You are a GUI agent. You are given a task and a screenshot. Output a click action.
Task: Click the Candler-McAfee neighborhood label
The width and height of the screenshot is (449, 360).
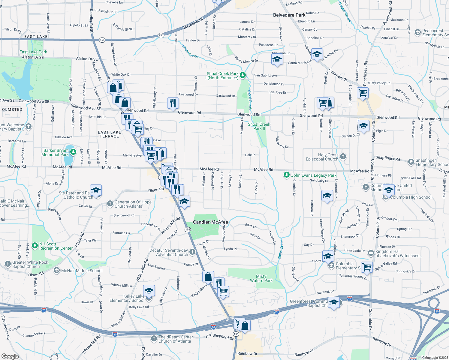point(210,222)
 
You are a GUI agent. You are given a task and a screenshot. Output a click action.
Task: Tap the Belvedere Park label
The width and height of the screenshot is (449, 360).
point(289,15)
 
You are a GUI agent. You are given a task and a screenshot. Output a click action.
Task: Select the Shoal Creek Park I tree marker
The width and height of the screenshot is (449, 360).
point(243,75)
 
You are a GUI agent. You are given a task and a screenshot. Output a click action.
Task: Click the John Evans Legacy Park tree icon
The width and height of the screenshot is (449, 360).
point(287,175)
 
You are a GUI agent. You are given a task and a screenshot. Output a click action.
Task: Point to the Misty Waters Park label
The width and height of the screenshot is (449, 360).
point(261,278)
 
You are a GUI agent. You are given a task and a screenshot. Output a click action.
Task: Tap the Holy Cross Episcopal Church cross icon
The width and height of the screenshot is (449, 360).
point(343,156)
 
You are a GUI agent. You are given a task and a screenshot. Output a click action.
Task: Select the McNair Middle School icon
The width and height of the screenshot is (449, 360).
point(56,270)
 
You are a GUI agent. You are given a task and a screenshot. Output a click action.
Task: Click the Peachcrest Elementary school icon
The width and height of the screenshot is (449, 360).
point(417,32)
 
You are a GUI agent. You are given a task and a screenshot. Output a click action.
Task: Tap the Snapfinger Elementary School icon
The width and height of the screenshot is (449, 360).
point(411,162)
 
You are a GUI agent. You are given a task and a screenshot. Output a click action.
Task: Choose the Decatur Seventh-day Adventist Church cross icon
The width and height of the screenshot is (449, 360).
point(192,252)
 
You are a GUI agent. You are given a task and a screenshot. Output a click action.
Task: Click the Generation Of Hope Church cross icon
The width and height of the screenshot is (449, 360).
point(110,204)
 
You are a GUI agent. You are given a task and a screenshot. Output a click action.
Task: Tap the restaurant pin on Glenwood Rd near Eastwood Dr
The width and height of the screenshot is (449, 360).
point(173,103)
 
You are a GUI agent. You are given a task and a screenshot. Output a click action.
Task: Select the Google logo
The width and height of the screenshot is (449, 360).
point(10,356)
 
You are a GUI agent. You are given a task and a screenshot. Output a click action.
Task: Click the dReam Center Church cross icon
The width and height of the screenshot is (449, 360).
point(154,339)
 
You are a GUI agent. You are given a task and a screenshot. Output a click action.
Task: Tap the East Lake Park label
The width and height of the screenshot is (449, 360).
point(33,52)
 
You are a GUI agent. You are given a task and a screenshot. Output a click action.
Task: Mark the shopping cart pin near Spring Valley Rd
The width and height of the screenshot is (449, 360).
point(367,266)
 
